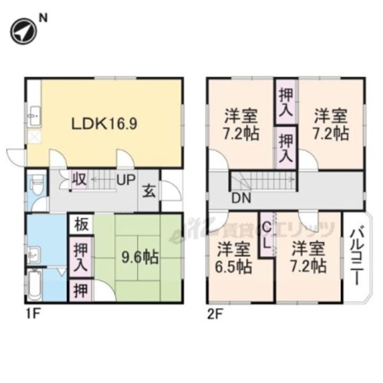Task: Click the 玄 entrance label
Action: tap(149, 190)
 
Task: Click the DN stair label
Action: tap(242, 199)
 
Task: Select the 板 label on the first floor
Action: tap(81, 224)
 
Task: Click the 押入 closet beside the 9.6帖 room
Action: tap(81, 257)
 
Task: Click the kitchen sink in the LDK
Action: tap(34, 113)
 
